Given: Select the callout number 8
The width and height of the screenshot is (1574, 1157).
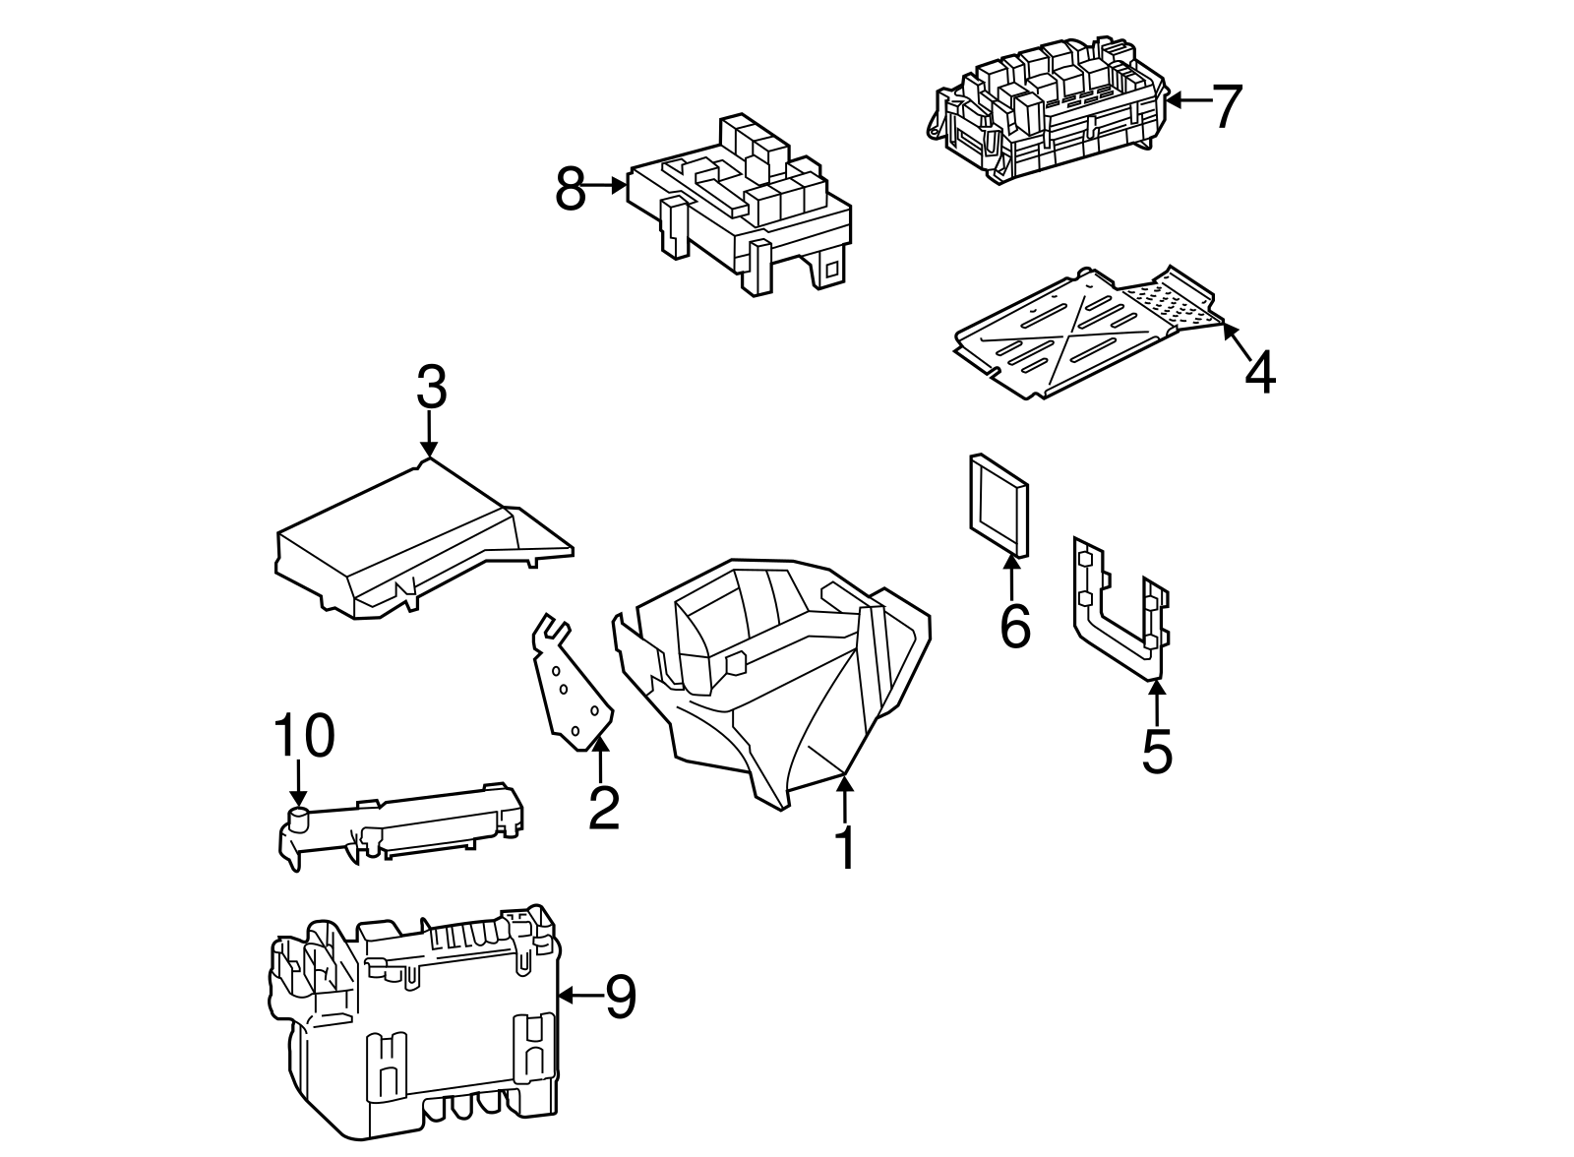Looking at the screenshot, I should pos(571,189).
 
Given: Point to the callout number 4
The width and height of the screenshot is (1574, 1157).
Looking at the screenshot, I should pos(1259,374).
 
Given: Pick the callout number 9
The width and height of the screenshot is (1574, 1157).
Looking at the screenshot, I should pos(621,997).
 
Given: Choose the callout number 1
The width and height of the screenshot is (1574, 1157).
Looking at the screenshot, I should pos(845,848).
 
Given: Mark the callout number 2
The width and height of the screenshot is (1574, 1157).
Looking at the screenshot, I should pos(603,807).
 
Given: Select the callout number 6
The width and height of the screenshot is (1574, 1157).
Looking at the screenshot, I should pos(1014,626).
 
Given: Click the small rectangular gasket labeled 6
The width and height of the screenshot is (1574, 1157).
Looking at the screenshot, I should pos(999,506).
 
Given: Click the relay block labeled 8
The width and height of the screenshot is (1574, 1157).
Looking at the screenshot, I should pos(738,207).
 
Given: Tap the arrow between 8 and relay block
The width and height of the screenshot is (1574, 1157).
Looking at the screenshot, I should pos(606,184).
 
